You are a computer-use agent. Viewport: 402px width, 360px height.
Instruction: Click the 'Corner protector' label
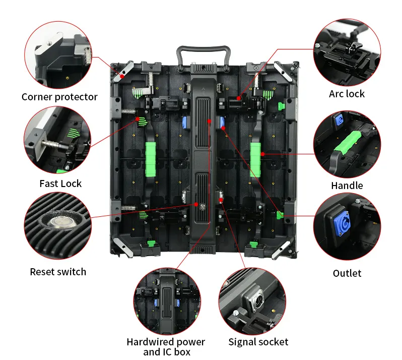tap(59, 97)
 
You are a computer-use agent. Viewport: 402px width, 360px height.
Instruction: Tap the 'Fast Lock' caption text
tap(60, 184)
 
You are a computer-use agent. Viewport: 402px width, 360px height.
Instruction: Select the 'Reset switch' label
tap(58, 272)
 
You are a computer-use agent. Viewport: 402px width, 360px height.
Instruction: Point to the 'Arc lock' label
tap(347, 94)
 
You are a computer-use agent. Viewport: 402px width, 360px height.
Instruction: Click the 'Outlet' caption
tap(347, 273)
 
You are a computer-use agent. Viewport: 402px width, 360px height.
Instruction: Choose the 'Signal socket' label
tap(258, 342)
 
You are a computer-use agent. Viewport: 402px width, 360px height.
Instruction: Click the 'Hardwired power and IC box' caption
tap(166, 347)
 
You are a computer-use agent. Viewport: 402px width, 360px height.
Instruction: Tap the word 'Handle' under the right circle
tap(347, 186)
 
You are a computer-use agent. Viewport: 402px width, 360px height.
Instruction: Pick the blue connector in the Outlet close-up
tap(342, 223)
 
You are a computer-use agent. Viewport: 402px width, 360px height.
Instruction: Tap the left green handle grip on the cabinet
tap(151, 159)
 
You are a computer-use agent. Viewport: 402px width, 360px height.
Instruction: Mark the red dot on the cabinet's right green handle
tap(262, 154)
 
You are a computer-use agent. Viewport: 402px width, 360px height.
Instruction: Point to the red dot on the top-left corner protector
tap(122, 76)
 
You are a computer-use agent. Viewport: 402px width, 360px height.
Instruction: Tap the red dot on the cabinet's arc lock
tap(238, 98)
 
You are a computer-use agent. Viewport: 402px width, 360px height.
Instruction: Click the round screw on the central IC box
tap(203, 207)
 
